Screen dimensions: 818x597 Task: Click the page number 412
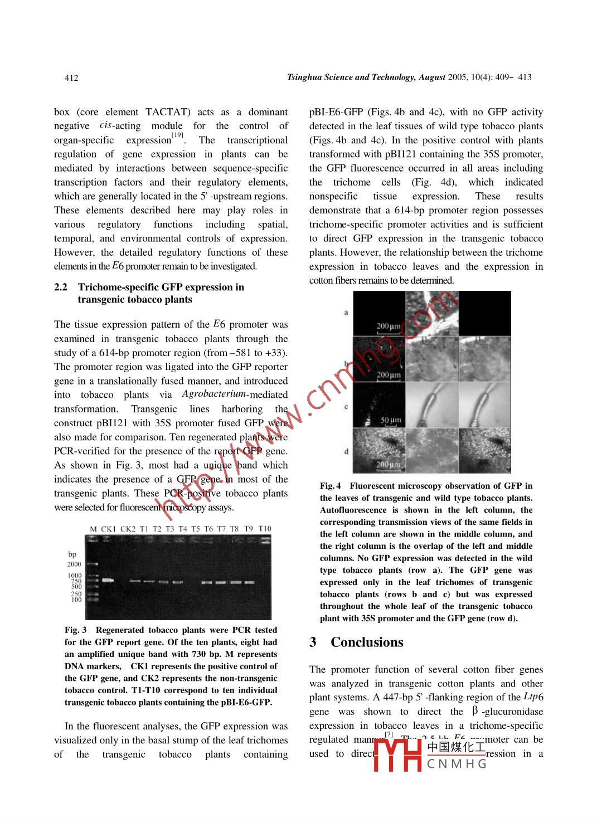(71, 78)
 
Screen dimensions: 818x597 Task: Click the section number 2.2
(61, 287)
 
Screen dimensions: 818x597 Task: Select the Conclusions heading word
(367, 642)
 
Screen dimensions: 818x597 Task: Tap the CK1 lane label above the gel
(108, 529)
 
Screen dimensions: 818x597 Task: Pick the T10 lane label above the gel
(265, 529)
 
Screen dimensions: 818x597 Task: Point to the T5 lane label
(196, 529)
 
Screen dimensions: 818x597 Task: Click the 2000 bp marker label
(74, 564)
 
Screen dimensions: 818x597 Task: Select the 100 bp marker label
(76, 600)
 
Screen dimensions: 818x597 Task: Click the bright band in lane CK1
(108, 580)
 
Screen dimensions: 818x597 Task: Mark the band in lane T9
(249, 582)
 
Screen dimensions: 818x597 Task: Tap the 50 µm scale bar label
(391, 420)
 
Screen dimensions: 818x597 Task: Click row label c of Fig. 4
(346, 406)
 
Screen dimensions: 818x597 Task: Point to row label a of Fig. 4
(346, 313)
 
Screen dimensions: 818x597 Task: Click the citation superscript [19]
(177, 135)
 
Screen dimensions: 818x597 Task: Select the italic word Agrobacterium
(213, 394)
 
